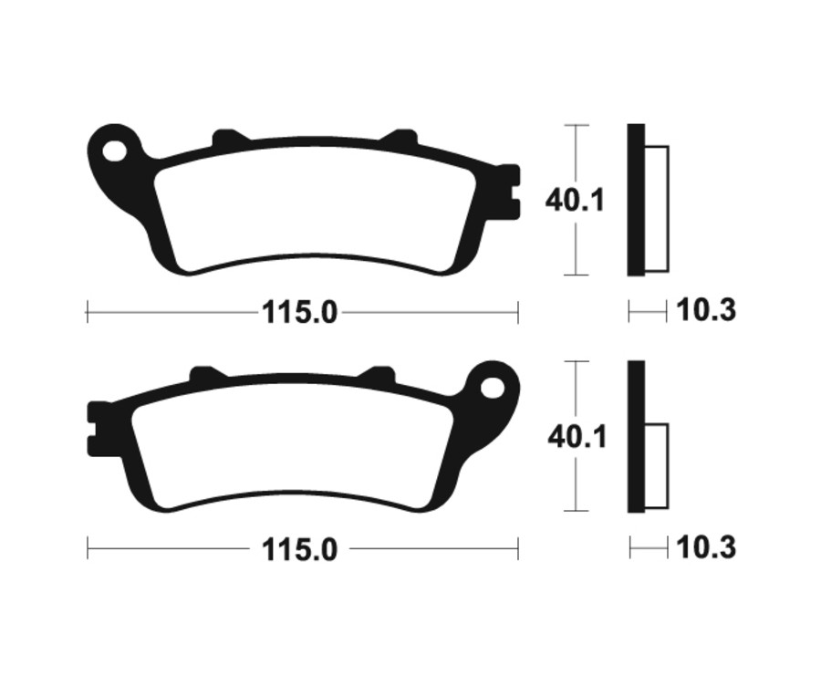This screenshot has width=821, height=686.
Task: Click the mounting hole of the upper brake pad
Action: click(x=116, y=147)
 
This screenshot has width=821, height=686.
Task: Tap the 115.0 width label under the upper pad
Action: click(x=300, y=313)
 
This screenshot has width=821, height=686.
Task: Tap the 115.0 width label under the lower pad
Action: click(x=300, y=549)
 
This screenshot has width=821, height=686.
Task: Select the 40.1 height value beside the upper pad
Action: click(x=575, y=200)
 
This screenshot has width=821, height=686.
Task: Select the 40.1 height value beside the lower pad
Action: click(x=577, y=437)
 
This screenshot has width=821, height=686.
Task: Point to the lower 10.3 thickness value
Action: click(x=706, y=548)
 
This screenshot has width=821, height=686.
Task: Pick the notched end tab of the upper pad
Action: click(x=509, y=192)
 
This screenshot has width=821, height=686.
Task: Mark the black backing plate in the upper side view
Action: click(x=636, y=200)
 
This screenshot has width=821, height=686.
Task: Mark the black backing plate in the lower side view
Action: click(x=636, y=437)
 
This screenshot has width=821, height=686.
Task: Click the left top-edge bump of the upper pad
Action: click(x=230, y=139)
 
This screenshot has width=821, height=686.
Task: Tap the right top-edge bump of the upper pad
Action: click(x=400, y=140)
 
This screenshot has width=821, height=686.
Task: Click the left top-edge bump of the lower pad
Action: click(x=207, y=375)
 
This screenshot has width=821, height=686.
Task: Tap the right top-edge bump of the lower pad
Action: click(x=377, y=375)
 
